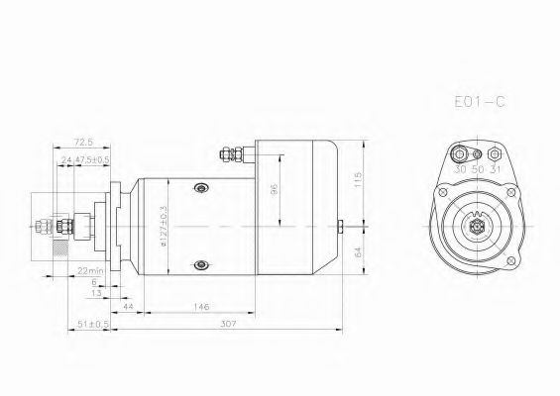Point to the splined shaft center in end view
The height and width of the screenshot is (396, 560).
pyautogui.click(x=477, y=227)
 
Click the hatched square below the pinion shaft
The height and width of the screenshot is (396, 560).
pyautogui.click(x=62, y=253)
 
